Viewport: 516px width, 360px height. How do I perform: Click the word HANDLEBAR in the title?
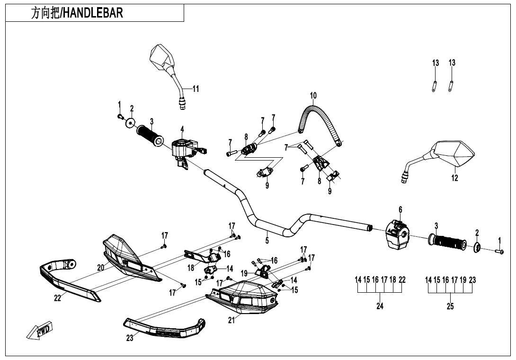pos(93,13)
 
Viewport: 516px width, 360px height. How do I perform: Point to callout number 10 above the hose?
pos(313,96)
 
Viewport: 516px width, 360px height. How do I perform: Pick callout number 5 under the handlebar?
pos(267,241)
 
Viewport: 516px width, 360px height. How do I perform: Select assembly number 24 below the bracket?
pos(380,306)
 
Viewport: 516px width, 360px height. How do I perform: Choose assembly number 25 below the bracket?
pos(450,306)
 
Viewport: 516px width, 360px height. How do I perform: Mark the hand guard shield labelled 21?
pos(243,297)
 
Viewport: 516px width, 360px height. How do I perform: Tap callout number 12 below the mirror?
pos(454,179)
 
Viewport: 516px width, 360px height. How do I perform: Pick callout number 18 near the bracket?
pos(191,268)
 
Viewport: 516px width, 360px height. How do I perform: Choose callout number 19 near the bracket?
pos(244,273)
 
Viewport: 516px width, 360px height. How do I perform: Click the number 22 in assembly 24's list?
pos(402,280)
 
